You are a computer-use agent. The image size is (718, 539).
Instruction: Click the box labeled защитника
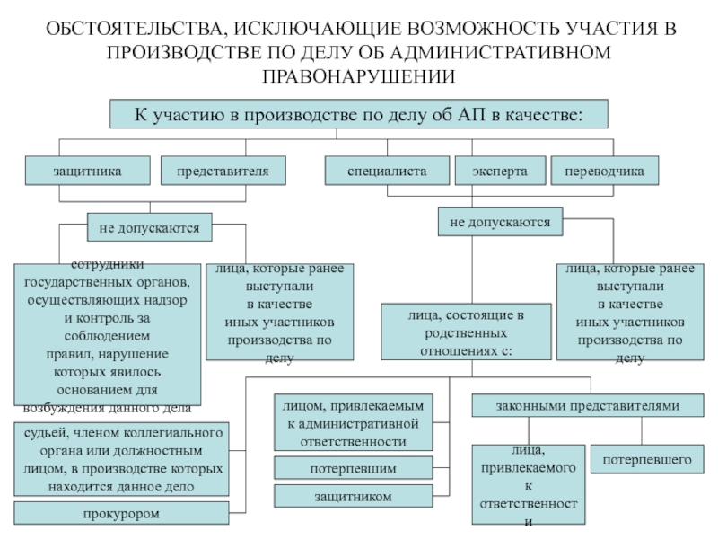point(87,169)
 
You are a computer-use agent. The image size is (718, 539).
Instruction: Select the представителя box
point(223,169)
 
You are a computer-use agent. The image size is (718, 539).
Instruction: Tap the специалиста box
point(387,169)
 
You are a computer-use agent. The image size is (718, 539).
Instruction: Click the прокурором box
point(121,514)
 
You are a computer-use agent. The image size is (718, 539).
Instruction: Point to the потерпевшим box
point(353,468)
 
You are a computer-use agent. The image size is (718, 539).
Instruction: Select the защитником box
point(353,496)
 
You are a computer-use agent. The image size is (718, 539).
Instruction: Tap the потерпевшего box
point(647,460)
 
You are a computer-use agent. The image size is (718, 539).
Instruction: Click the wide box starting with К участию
point(358,114)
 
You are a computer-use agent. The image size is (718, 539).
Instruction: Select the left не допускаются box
point(150,228)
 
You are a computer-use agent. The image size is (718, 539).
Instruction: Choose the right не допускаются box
point(500,220)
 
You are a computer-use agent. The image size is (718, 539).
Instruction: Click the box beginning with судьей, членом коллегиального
point(122,458)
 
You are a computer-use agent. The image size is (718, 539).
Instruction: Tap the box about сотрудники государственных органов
point(107,334)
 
